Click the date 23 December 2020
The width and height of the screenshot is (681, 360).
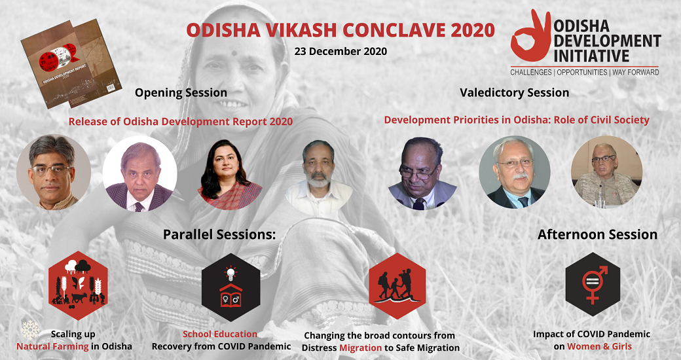[x=340, y=51]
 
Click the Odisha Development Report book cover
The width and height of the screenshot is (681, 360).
[x=70, y=63]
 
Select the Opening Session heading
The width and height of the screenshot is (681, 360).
[x=181, y=93]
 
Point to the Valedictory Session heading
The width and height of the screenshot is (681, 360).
[x=514, y=93]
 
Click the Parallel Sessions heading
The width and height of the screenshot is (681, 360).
[x=219, y=234]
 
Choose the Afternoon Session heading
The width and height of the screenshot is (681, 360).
[x=597, y=234]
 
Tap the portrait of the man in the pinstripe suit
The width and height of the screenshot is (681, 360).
[x=140, y=174]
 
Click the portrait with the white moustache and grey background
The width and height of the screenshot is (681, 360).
[x=514, y=172]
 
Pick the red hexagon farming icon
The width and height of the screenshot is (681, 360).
[x=78, y=285]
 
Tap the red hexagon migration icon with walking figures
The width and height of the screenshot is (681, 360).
[x=397, y=286]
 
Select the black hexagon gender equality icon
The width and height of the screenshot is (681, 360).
[x=593, y=284]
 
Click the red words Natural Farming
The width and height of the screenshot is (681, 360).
[x=52, y=346]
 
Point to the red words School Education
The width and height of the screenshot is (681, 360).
[x=220, y=334]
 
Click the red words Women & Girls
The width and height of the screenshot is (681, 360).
[x=599, y=346]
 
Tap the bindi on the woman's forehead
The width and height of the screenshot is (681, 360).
[x=234, y=53]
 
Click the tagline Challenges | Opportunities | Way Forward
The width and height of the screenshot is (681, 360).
[x=585, y=72]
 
